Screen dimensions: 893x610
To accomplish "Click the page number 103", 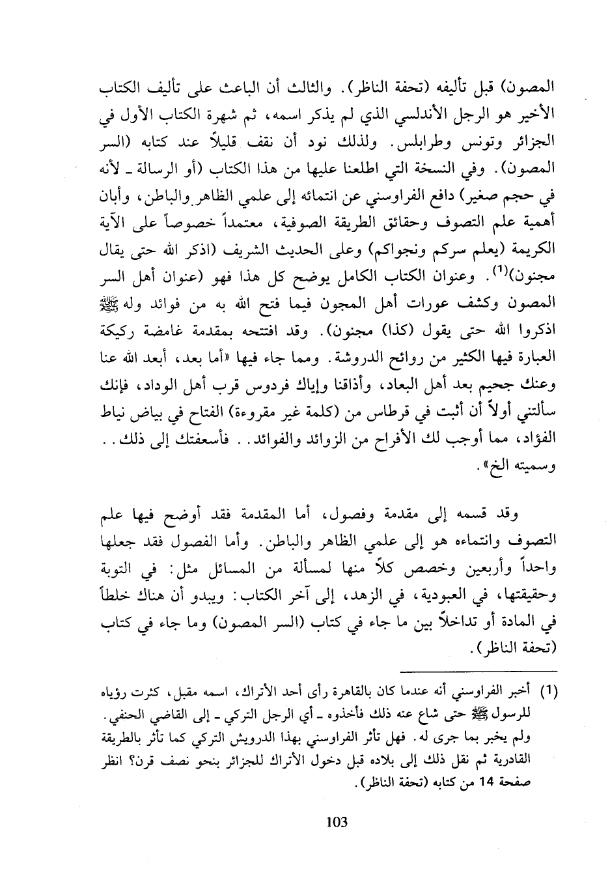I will [x=337, y=822].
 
